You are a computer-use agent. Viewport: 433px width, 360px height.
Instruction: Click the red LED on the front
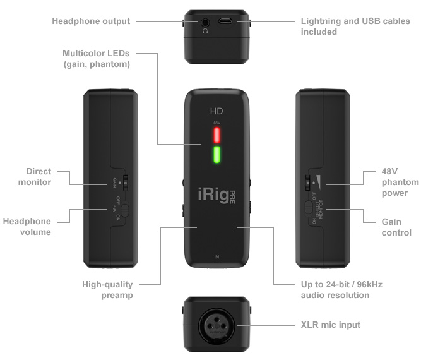click(x=216, y=135)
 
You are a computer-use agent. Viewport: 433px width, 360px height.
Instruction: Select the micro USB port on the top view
click(x=225, y=22)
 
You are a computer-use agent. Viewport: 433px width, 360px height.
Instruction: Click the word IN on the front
click(x=216, y=257)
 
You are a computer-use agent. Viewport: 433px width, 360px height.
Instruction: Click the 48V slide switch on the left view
click(x=124, y=208)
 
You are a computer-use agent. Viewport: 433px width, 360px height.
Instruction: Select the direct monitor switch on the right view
click(x=307, y=208)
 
